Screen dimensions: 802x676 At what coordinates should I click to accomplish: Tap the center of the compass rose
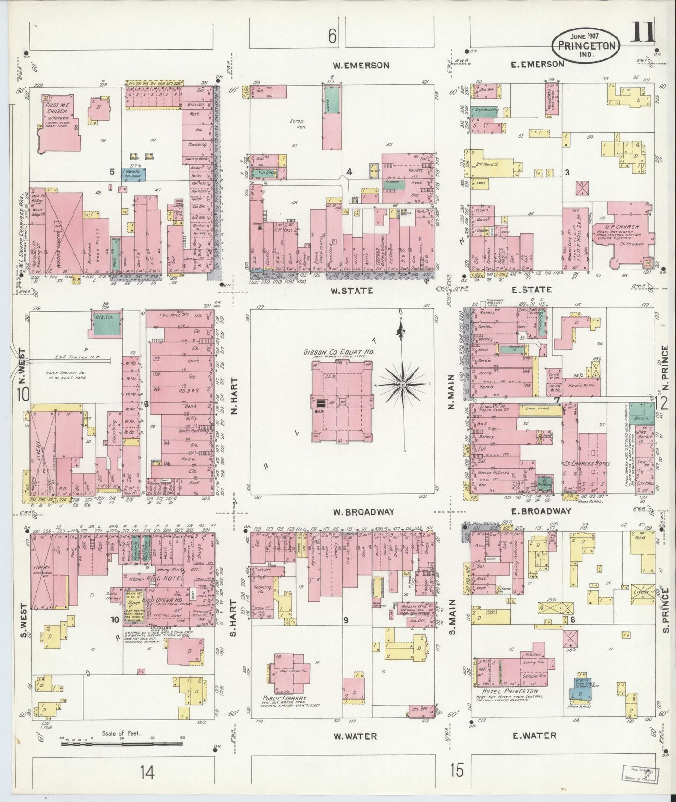click(x=402, y=384)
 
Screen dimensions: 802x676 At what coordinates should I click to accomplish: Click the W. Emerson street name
click(x=360, y=66)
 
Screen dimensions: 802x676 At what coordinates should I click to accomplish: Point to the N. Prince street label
click(x=666, y=370)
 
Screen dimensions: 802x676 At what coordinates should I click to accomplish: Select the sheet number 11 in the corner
click(x=644, y=33)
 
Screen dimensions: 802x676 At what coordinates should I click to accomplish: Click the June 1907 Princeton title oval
click(x=586, y=44)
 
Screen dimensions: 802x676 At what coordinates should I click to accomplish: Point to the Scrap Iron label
click(x=297, y=124)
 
